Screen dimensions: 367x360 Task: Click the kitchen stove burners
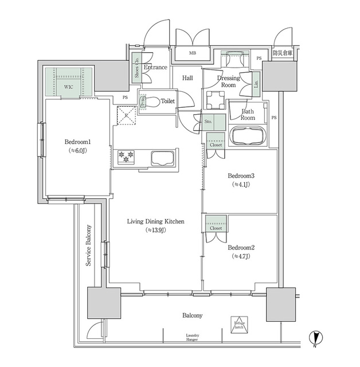[126, 155]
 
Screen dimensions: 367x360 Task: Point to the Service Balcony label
[89, 245]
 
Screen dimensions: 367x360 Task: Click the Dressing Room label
[228, 81]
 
